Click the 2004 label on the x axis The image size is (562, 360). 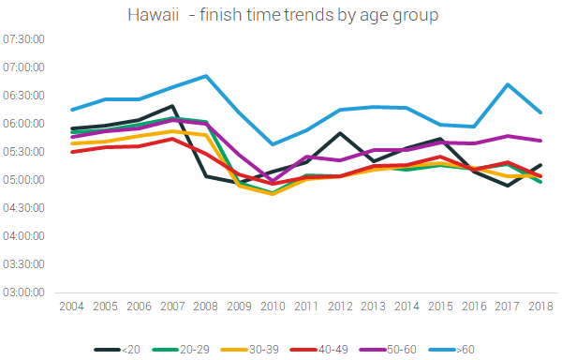tap(71, 306)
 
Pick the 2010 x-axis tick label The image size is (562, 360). tap(273, 306)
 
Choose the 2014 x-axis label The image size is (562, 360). tap(407, 306)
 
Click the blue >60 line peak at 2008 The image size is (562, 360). tap(205, 76)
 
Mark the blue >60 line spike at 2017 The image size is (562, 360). tap(508, 84)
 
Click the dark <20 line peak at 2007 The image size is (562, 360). tap(171, 106)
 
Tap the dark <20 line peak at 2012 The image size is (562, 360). tap(340, 133)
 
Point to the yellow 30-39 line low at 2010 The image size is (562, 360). tap(273, 194)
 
